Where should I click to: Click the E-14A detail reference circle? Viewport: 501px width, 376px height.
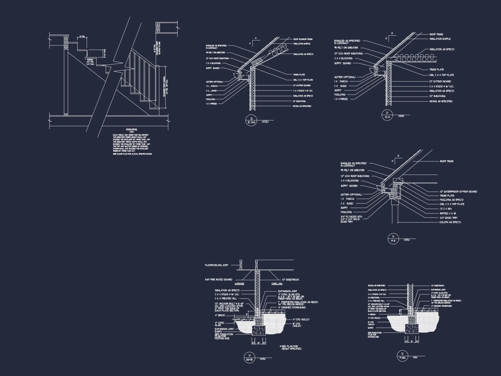(251, 120)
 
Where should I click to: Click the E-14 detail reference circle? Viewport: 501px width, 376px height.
(387, 115)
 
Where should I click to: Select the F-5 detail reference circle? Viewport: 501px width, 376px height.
(393, 239)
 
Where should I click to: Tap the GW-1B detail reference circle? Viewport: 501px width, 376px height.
(249, 357)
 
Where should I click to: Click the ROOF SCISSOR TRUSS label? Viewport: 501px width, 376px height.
(303, 39)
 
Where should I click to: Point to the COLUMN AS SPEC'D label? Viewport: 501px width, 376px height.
(450, 222)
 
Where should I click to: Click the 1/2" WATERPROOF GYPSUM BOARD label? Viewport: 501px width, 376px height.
(458, 192)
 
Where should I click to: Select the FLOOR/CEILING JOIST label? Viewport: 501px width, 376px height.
(217, 265)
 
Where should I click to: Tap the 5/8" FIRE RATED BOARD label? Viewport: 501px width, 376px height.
(219, 279)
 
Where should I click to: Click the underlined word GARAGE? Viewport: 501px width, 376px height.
(239, 284)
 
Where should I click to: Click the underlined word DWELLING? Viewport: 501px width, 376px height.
(277, 284)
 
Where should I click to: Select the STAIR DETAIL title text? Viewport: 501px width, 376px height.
(132, 129)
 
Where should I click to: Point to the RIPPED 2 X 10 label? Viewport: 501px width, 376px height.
(448, 214)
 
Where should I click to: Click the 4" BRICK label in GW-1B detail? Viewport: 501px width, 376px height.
(220, 315)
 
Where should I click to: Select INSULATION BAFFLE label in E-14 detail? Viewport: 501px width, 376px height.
(440, 39)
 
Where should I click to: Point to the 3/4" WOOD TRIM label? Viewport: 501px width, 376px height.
(448, 218)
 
